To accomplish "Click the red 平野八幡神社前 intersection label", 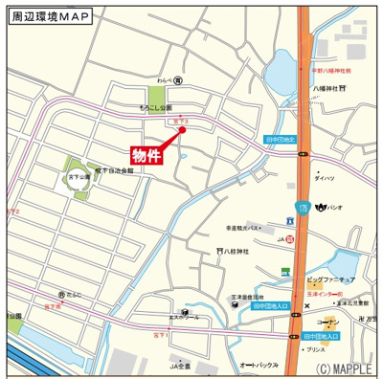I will point(332,71).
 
